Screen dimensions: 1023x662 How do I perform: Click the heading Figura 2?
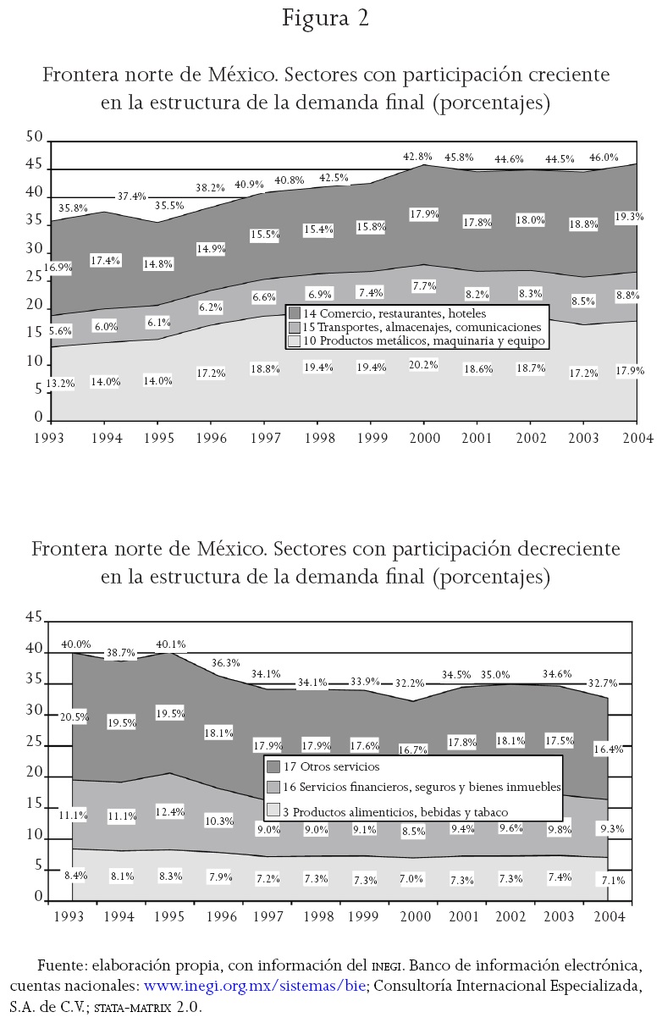[x=326, y=19]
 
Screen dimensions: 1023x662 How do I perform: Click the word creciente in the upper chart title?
[x=565, y=75]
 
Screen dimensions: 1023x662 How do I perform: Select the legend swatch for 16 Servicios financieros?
[x=273, y=788]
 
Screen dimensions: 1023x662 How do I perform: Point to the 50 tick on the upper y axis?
[x=35, y=137]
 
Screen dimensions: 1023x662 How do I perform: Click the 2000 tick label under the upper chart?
[x=423, y=437]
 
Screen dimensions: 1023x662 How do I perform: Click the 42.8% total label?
[x=417, y=157]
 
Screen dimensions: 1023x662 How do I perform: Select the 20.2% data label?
[x=423, y=366]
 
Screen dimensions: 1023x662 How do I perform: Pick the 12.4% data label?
[x=170, y=812]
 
